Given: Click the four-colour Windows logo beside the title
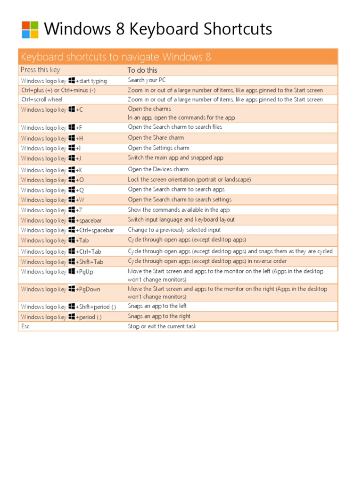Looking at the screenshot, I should click(30, 30).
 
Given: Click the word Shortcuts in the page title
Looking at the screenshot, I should click(238, 29).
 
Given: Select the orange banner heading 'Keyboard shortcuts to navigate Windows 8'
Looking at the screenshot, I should click(116, 57).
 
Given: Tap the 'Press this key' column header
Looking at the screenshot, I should click(41, 70).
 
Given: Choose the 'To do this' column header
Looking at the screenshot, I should click(142, 70).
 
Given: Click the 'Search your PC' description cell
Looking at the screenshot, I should click(147, 80).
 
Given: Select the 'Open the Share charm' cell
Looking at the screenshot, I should click(156, 138).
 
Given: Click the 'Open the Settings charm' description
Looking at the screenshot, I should click(158, 148).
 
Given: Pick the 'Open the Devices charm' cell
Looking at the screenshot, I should click(158, 169).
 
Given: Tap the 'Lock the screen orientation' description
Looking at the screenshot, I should click(189, 180).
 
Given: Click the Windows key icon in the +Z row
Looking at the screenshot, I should click(72, 210).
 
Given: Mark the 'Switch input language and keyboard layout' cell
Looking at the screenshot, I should click(181, 220).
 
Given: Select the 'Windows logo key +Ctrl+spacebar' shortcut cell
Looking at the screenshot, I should click(67, 230).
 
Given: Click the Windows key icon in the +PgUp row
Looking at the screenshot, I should click(72, 271).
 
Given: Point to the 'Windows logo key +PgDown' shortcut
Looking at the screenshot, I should click(60, 289).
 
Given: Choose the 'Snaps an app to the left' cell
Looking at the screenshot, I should click(157, 306).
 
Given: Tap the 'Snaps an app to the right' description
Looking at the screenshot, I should click(159, 316).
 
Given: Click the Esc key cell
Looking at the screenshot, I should click(25, 326).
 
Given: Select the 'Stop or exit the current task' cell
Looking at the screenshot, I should click(162, 326).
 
